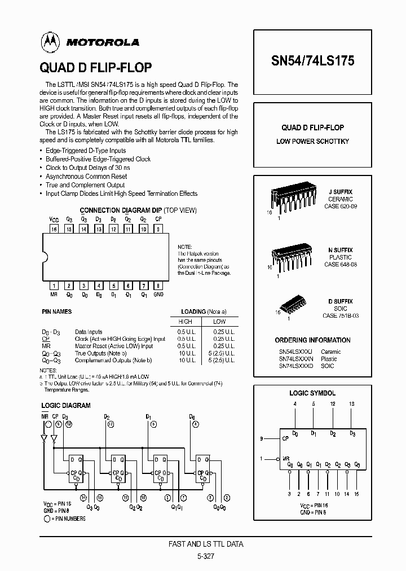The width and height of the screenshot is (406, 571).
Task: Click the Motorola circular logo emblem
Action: [x=48, y=41]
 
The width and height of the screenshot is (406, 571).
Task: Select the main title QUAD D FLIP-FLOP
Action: [x=95, y=68]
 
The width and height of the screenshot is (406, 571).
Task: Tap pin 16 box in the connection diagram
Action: [x=54, y=230]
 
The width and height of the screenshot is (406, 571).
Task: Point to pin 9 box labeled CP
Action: [x=158, y=230]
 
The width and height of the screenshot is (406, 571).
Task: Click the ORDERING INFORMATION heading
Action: [x=312, y=340]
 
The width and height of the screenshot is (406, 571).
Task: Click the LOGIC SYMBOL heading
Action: [x=312, y=393]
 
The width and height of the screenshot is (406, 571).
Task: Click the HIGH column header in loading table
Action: [x=186, y=322]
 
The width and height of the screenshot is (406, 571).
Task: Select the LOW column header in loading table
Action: [x=219, y=322]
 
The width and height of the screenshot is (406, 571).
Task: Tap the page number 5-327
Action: [x=206, y=556]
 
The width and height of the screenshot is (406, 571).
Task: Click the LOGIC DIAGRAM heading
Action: [x=66, y=406]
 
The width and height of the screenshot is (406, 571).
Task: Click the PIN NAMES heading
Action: [x=57, y=311]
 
